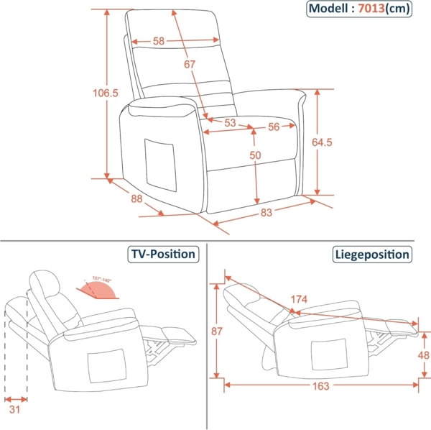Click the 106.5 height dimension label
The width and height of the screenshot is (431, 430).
[106, 93]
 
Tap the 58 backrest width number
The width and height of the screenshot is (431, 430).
[158, 41]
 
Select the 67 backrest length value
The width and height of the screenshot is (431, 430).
[190, 65]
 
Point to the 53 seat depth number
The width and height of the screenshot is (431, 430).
[230, 123]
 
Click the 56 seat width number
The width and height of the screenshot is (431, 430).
[274, 127]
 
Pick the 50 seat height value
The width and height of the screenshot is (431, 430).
[255, 155]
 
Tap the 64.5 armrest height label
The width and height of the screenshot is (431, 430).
[322, 142]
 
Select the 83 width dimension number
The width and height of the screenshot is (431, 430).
[267, 213]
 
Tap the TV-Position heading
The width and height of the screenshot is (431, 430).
[162, 254]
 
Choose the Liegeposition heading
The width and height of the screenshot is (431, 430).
[372, 254]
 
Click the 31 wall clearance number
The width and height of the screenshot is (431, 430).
[15, 411]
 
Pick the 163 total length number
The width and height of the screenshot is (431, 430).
[320, 386]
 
